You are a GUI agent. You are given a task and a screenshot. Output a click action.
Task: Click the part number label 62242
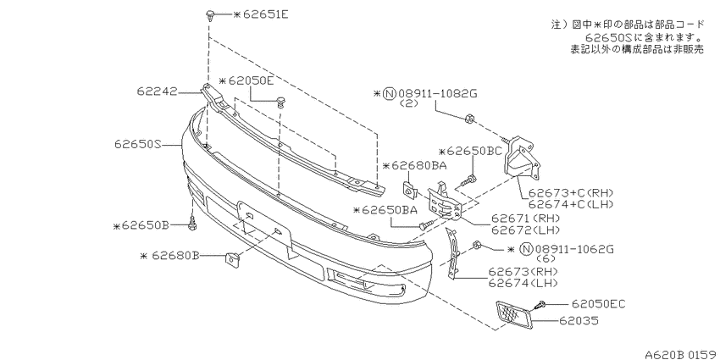[156, 91]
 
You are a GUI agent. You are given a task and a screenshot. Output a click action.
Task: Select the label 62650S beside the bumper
[138, 145]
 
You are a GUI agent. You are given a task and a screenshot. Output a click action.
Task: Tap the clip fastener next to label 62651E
[209, 15]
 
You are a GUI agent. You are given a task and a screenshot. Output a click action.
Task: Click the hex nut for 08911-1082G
[468, 118]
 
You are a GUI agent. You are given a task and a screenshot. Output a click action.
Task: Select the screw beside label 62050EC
[540, 304]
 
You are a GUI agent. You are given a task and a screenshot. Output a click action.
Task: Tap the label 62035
[579, 320]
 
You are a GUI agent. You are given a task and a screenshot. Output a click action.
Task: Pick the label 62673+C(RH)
[571, 193]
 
